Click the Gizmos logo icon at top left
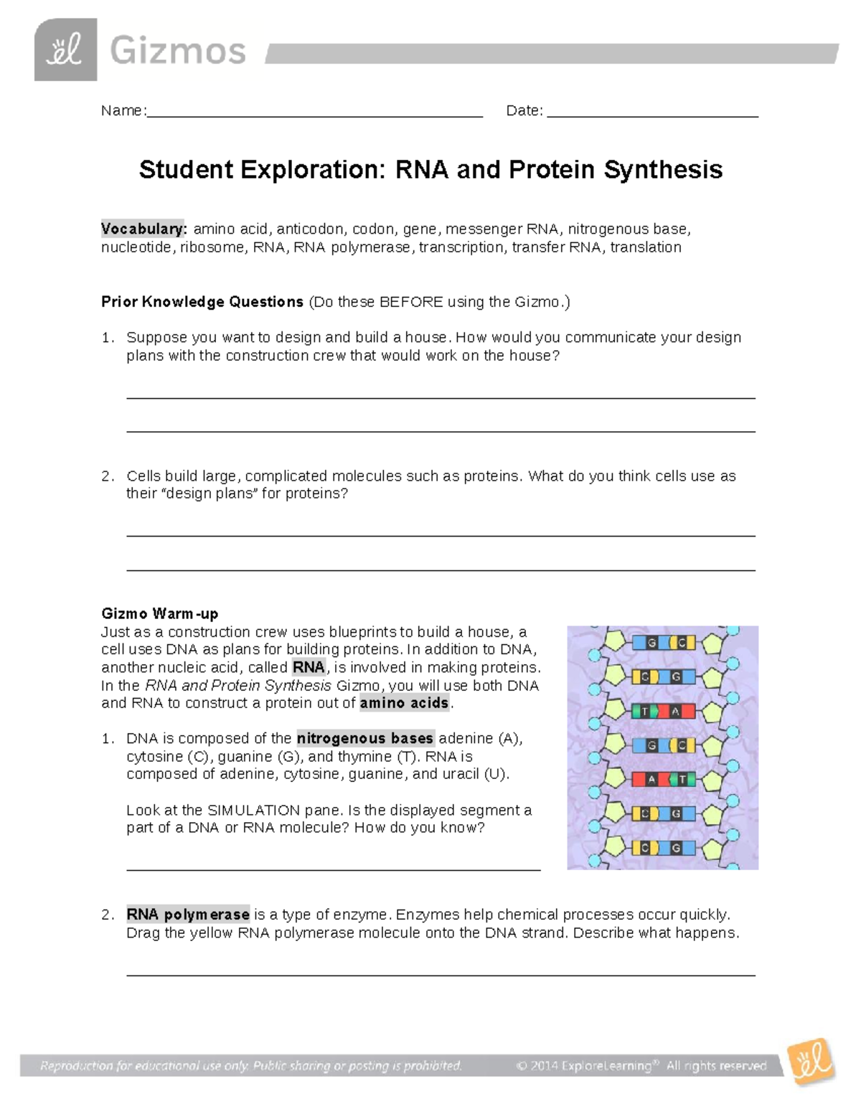tap(65, 49)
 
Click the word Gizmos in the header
tap(177, 52)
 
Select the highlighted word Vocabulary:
tap(143, 229)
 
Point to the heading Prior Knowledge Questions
tap(202, 302)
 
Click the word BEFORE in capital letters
tap(411, 302)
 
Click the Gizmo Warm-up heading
tap(159, 614)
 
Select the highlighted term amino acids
tap(404, 703)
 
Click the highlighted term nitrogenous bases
tap(364, 738)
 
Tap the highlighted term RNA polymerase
tap(188, 915)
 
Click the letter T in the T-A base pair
tap(644, 712)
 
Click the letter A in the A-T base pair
tap(651, 779)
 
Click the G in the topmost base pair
tap(651, 643)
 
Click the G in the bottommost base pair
tap(676, 848)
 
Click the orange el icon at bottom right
tap(811, 1060)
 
